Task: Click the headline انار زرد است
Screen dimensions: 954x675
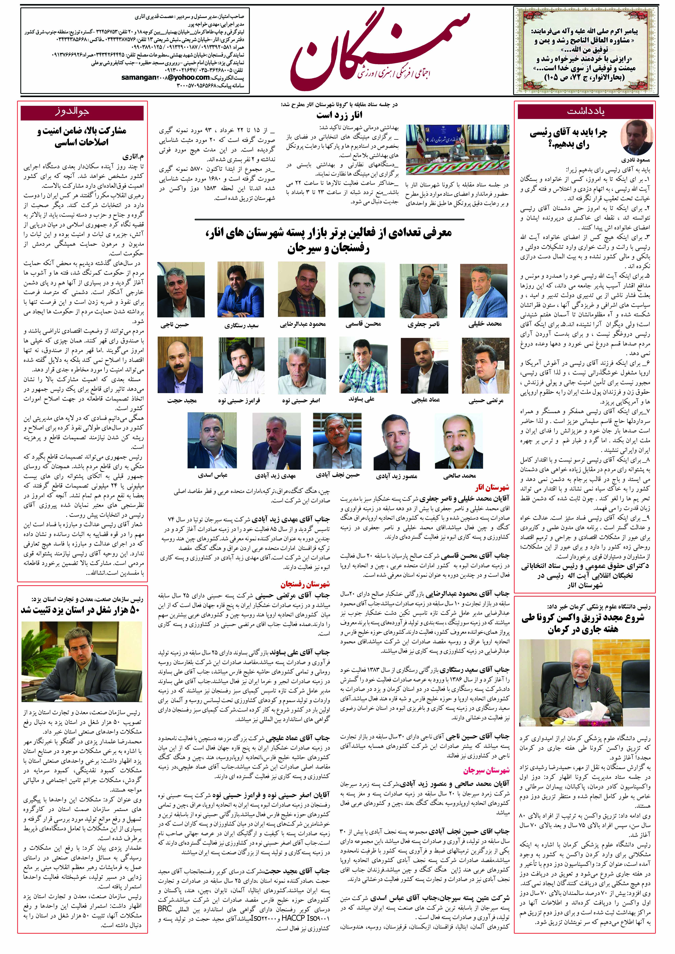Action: click(x=339, y=115)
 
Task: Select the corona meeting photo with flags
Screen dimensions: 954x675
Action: click(x=457, y=149)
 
